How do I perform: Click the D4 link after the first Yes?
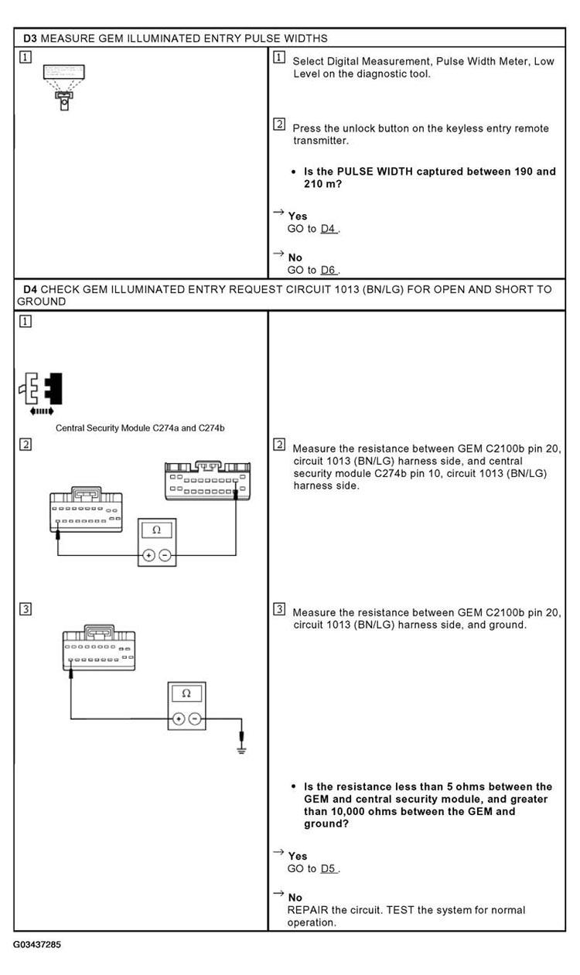[x=329, y=229]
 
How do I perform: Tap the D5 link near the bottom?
[x=329, y=868]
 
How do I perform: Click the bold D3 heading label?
[x=30, y=38]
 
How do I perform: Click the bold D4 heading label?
[x=30, y=289]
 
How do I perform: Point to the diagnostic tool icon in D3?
[x=63, y=86]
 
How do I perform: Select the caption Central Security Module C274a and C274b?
[x=145, y=428]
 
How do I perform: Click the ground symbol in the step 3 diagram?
[x=242, y=748]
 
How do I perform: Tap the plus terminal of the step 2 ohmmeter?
[x=150, y=555]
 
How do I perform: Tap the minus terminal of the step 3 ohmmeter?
[x=194, y=718]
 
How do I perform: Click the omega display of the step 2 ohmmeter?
[x=157, y=530]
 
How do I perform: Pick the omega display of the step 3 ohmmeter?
[x=186, y=693]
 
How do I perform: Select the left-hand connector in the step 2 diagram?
[x=84, y=510]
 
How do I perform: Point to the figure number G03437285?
[x=36, y=945]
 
